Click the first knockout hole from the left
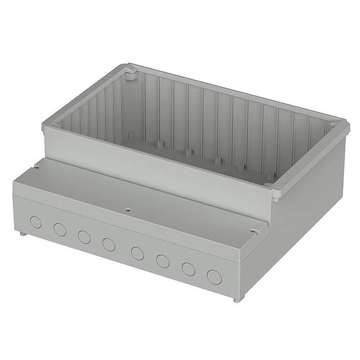[35, 222]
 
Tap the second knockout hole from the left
[59, 229]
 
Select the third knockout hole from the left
[84, 237]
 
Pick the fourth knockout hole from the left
[109, 245]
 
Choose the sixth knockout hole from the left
[163, 261]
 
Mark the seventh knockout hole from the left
[187, 269]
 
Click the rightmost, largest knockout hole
[213, 277]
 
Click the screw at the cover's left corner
[36, 166]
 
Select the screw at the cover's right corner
[255, 231]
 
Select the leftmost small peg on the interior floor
[130, 135]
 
